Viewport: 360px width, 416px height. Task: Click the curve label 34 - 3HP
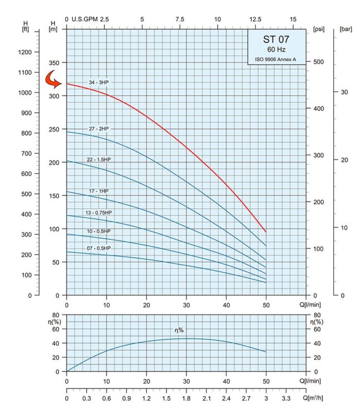tap(99, 82)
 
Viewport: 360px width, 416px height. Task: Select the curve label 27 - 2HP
tap(99, 128)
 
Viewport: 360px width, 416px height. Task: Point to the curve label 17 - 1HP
tap(99, 191)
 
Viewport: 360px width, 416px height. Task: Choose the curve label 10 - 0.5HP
tap(99, 231)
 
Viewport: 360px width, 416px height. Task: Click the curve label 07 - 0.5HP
tap(99, 248)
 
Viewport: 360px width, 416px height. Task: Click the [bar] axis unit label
tap(346, 29)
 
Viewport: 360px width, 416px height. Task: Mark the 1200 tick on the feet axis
tap(25, 52)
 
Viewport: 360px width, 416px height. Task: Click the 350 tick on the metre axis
tap(53, 63)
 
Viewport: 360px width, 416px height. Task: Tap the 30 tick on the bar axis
tap(345, 92)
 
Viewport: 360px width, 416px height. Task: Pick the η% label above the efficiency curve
tap(180, 330)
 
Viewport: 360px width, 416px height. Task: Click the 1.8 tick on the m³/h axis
tap(186, 399)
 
